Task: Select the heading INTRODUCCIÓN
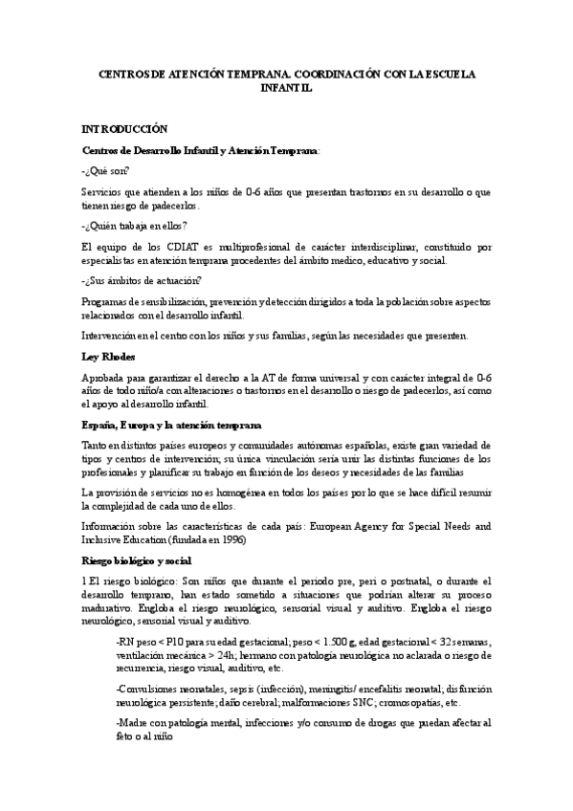click(x=124, y=128)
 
